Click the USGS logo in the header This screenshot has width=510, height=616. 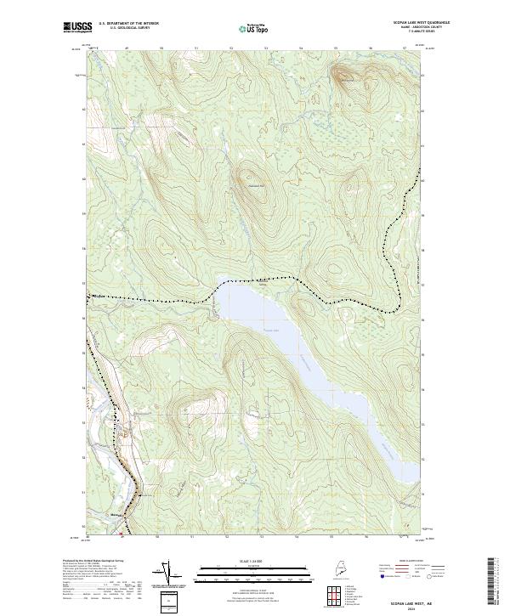pos(77,26)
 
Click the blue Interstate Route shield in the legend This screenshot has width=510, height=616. pos(382,577)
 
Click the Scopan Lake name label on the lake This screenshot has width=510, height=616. pos(270,331)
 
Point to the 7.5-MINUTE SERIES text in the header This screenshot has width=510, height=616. pos(416,32)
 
